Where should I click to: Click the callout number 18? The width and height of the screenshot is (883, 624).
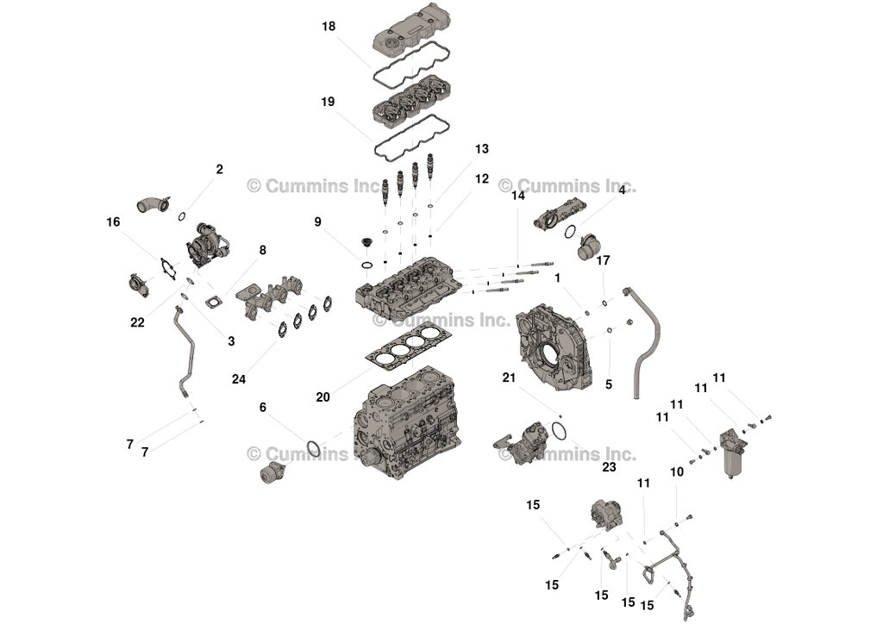point(329,27)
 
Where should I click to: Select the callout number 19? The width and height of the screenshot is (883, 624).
point(328,102)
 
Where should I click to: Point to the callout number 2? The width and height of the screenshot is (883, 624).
point(219,170)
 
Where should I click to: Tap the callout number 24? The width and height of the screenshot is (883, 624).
point(239,378)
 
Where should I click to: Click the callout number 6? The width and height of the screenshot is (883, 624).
point(263,408)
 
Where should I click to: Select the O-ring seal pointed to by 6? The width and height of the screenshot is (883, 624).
point(315,449)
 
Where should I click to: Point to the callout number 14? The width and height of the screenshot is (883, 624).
point(517,196)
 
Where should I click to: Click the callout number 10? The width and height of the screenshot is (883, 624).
point(677,472)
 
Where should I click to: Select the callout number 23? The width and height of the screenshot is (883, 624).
point(609,467)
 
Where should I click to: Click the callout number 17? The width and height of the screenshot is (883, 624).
point(604,259)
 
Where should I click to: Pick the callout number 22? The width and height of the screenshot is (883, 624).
point(138,322)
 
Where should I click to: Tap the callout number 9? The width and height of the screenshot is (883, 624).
point(318,222)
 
